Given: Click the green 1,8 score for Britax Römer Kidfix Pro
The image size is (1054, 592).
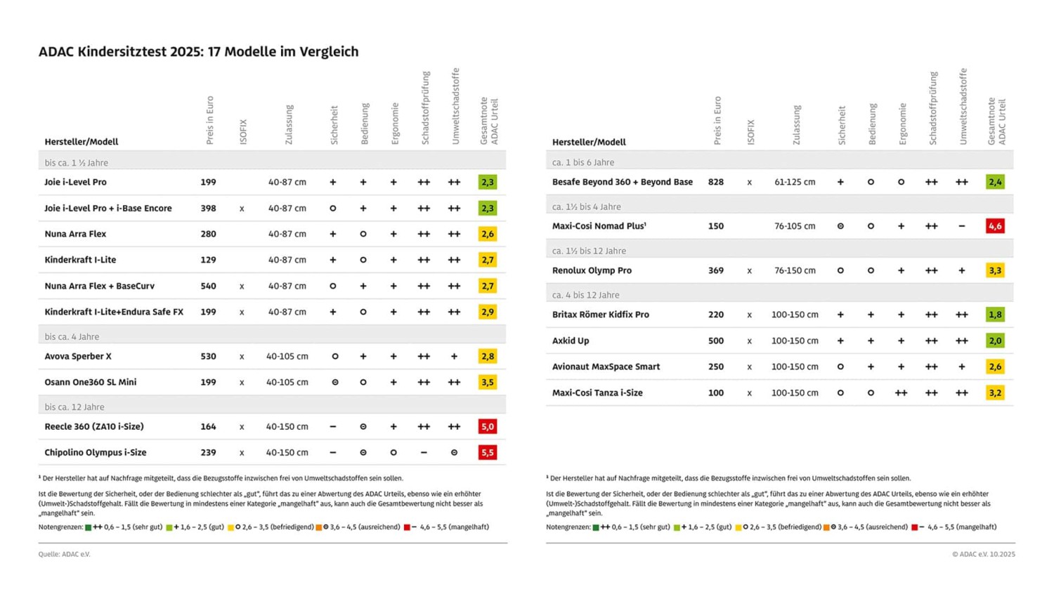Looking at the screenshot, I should [x=995, y=315].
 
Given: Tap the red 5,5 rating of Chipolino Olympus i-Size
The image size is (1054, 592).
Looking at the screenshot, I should [x=487, y=452].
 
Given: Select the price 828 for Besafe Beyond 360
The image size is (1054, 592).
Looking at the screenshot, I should [x=715, y=182].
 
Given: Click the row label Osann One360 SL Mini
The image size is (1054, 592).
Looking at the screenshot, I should [x=91, y=382].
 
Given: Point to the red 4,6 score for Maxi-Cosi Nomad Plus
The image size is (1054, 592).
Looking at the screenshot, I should [x=995, y=226].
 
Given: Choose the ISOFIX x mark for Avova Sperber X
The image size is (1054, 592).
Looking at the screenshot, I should [x=242, y=356].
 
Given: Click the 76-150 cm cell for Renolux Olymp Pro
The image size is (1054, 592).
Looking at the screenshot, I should [x=795, y=270].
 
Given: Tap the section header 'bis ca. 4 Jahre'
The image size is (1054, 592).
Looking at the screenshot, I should [x=72, y=336].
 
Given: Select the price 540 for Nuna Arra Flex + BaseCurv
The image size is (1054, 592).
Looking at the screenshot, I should [x=208, y=286].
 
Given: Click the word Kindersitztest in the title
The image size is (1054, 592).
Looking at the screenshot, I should [x=122, y=51].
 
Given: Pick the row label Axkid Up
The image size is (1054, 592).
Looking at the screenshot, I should [x=571, y=341].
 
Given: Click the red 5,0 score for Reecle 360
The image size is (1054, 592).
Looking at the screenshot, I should [x=487, y=426].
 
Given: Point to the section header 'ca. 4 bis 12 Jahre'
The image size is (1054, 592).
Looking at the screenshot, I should [x=585, y=295].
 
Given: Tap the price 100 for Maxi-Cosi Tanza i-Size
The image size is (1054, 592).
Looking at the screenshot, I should [x=715, y=393].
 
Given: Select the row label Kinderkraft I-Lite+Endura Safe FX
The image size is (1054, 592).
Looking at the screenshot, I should [x=114, y=312].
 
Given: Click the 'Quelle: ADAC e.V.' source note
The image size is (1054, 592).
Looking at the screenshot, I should [x=64, y=554].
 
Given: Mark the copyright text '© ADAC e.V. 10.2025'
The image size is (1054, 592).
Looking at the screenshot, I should [x=983, y=554].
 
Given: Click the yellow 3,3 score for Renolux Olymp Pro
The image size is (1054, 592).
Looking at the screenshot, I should [x=995, y=270].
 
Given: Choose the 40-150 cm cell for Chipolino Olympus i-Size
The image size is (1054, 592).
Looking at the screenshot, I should [x=287, y=452].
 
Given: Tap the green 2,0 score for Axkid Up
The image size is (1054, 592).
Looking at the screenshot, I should [x=995, y=341].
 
